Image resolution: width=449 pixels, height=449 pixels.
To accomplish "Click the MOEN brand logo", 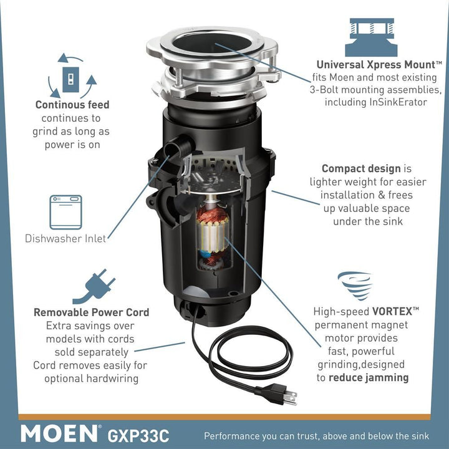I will click(60, 433).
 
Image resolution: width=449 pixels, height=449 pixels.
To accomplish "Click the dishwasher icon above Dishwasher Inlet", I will click(65, 212).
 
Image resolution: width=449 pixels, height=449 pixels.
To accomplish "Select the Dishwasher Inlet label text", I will click(65, 238).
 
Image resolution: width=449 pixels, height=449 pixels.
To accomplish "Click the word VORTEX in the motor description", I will click(395, 311).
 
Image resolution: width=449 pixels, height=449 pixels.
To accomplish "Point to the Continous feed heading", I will click(72, 105).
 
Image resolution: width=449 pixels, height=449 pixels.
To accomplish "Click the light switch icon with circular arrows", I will click(72, 79).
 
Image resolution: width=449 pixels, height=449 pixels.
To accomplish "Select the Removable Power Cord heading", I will click(91, 312).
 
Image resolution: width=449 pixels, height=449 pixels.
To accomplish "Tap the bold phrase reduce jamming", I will click(369, 377).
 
